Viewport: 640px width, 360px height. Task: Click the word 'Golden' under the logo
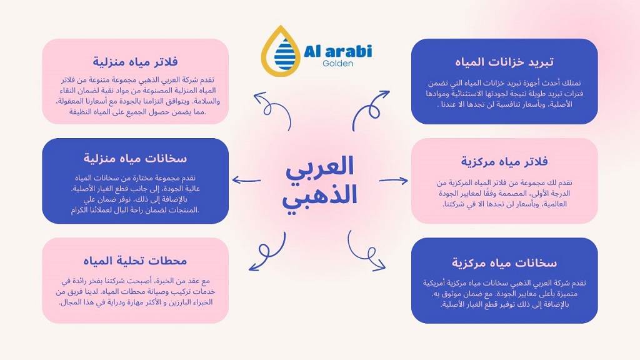[338, 63]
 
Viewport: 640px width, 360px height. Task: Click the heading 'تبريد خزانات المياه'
[504, 62]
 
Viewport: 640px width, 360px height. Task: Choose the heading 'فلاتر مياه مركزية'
[504, 161]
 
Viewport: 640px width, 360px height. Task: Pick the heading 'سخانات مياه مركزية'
[504, 262]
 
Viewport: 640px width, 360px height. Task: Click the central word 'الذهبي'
[320, 196]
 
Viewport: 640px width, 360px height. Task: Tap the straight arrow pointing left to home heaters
[246, 181]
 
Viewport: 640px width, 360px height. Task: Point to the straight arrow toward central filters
[393, 181]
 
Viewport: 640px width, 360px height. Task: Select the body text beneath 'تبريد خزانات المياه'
[504, 94]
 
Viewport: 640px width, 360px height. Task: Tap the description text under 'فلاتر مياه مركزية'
[504, 193]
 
